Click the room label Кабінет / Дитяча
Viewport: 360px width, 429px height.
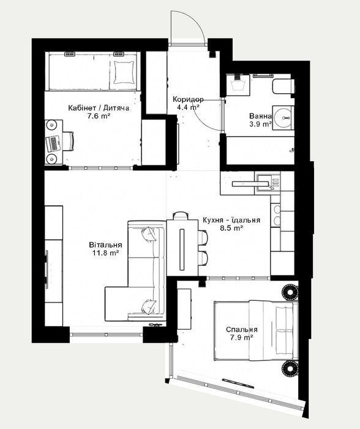tap(99, 108)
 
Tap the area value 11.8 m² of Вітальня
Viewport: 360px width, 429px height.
tap(105, 253)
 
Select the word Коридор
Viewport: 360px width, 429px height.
tap(188, 99)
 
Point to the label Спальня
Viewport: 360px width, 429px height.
tap(242, 330)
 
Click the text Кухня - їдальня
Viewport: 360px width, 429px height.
tap(231, 220)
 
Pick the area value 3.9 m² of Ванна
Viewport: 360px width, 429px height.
tap(260, 124)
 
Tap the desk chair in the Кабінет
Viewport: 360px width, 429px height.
tap(69, 141)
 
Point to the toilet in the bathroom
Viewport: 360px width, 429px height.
tap(283, 86)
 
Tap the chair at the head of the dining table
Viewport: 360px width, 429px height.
tap(181, 215)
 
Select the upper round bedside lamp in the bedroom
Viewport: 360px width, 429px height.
tap(290, 292)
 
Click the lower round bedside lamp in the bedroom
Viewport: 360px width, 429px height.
tap(290, 368)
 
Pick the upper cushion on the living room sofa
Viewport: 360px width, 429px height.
tap(148, 235)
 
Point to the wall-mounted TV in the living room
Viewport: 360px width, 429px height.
tap(47, 269)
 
